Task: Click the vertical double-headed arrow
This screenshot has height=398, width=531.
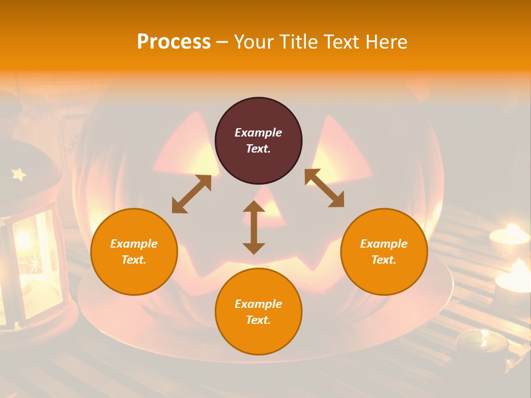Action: click(x=254, y=227)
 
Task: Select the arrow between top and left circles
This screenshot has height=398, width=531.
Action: click(x=191, y=194)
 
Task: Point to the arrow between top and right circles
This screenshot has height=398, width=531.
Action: click(x=325, y=188)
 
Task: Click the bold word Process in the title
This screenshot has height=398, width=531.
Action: click(x=174, y=41)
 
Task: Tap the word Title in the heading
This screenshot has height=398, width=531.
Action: click(x=298, y=41)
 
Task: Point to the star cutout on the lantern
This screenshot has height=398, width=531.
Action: click(x=19, y=175)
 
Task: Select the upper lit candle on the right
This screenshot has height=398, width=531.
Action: click(x=509, y=234)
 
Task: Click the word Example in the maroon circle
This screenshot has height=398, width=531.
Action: click(x=258, y=133)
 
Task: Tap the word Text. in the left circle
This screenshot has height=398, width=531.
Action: click(x=134, y=260)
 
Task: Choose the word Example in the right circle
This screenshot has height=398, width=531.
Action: click(x=384, y=244)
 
